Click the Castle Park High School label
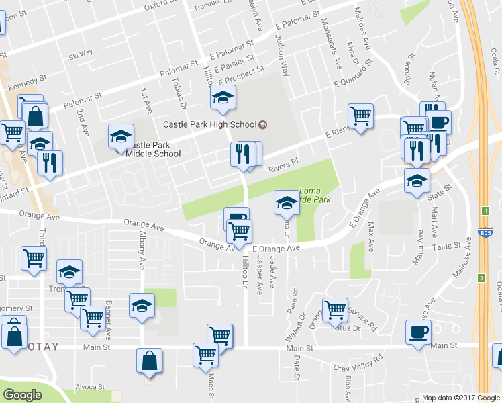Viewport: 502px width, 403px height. pyautogui.click(x=210, y=124)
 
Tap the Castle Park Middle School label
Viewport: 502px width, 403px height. pyautogui.click(x=153, y=149)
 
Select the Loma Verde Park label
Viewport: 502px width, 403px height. pyautogui.click(x=314, y=195)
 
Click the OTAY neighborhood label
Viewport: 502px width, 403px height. pyautogui.click(x=42, y=347)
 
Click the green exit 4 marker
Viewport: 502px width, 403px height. pyautogui.click(x=485, y=211)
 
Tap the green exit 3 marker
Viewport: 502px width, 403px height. pyautogui.click(x=481, y=277)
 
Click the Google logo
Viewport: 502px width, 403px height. pyautogui.click(x=23, y=395)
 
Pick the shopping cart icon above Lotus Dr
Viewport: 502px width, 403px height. pyautogui.click(x=335, y=310)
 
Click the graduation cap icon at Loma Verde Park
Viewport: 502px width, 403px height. pyautogui.click(x=287, y=202)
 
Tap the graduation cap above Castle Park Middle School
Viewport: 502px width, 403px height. pyautogui.click(x=121, y=136)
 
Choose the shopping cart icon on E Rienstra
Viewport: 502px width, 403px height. pyautogui.click(x=360, y=116)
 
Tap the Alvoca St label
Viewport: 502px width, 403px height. pyautogui.click(x=90, y=387)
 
